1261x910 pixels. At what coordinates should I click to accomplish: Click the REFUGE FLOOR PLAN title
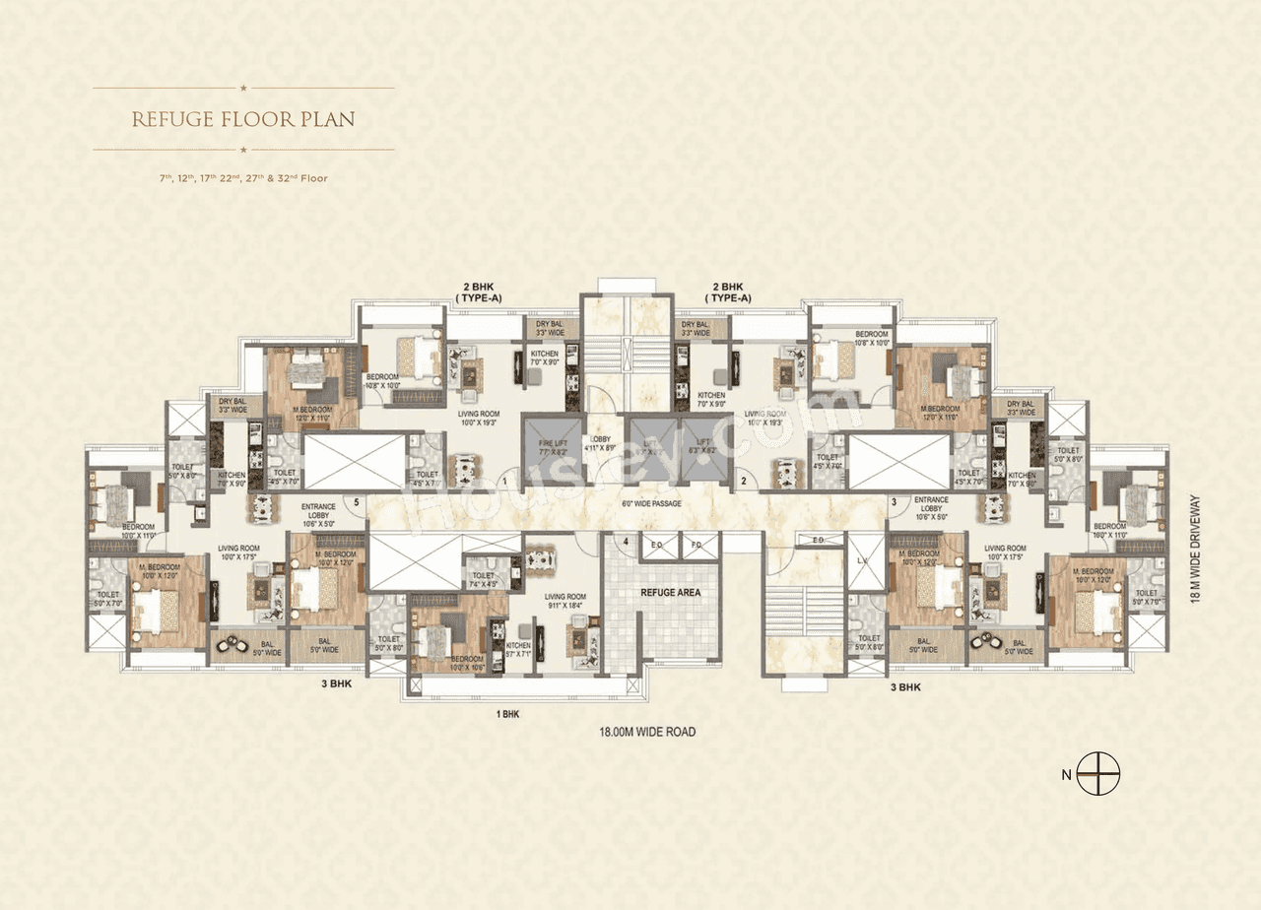point(243,119)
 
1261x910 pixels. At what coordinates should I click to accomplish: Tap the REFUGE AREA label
point(670,593)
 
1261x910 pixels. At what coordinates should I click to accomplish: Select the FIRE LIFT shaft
point(552,448)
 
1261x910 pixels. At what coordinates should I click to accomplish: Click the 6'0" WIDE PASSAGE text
point(652,503)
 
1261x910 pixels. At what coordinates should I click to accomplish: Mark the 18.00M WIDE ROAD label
point(647,732)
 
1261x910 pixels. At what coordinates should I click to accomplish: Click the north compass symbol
point(1097,773)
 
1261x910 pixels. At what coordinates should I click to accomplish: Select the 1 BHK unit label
point(509,714)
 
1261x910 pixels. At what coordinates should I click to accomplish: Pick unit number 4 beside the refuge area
point(625,541)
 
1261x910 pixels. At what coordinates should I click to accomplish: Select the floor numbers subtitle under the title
point(243,178)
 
